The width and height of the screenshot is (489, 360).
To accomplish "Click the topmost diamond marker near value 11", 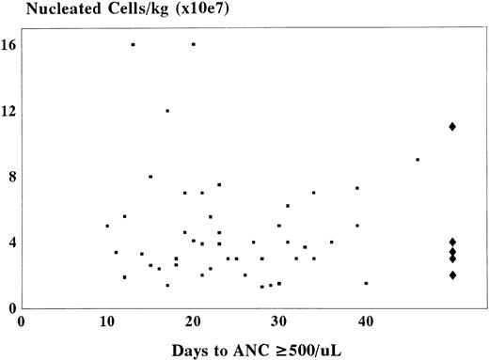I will tap(452, 126).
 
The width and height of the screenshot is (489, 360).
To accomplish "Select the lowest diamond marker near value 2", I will tap(452, 275).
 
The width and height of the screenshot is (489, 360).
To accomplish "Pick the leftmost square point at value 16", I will tap(133, 44).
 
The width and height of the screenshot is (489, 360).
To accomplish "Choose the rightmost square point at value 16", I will tap(193, 44).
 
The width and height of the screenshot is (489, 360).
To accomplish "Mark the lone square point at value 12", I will tap(167, 110).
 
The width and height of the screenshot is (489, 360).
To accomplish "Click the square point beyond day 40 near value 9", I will tap(418, 160).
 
